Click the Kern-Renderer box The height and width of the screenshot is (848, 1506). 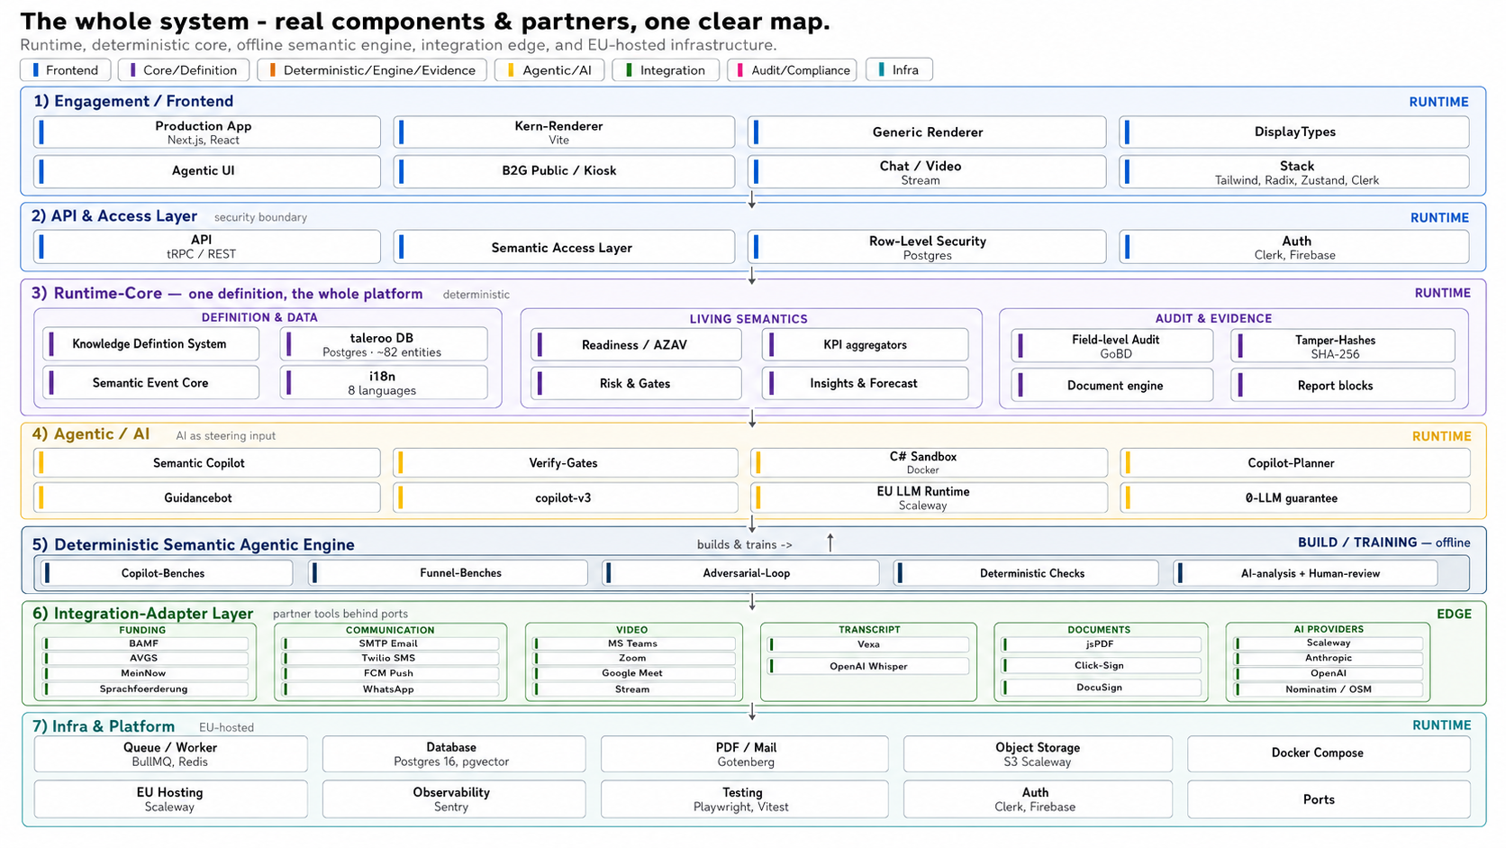point(564,132)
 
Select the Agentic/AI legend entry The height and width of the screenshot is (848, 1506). point(549,70)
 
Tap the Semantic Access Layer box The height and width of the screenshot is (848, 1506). point(564,248)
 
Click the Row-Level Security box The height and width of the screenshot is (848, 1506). point(927,248)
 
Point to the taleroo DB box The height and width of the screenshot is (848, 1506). point(383,344)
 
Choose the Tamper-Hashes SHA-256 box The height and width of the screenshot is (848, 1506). point(1343,346)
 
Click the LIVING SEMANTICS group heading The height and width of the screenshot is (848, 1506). point(748,319)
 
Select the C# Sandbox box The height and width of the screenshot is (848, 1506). point(929,462)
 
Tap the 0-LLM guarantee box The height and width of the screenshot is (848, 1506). point(1294,498)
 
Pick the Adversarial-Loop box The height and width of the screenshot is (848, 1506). point(740,573)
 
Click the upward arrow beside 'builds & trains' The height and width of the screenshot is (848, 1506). point(830,543)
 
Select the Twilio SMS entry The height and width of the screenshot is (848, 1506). point(390,659)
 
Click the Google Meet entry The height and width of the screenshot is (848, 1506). point(634,673)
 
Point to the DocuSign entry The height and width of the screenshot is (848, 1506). point(1101,688)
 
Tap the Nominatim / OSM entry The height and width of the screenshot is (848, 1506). point(1329,689)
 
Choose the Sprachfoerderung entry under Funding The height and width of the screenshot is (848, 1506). point(144,689)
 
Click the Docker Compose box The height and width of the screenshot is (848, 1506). point(1328,753)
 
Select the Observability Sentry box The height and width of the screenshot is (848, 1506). point(453,799)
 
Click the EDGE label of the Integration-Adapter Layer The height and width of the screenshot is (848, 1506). point(1454,614)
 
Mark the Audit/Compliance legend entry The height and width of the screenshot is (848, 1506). point(792,70)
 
